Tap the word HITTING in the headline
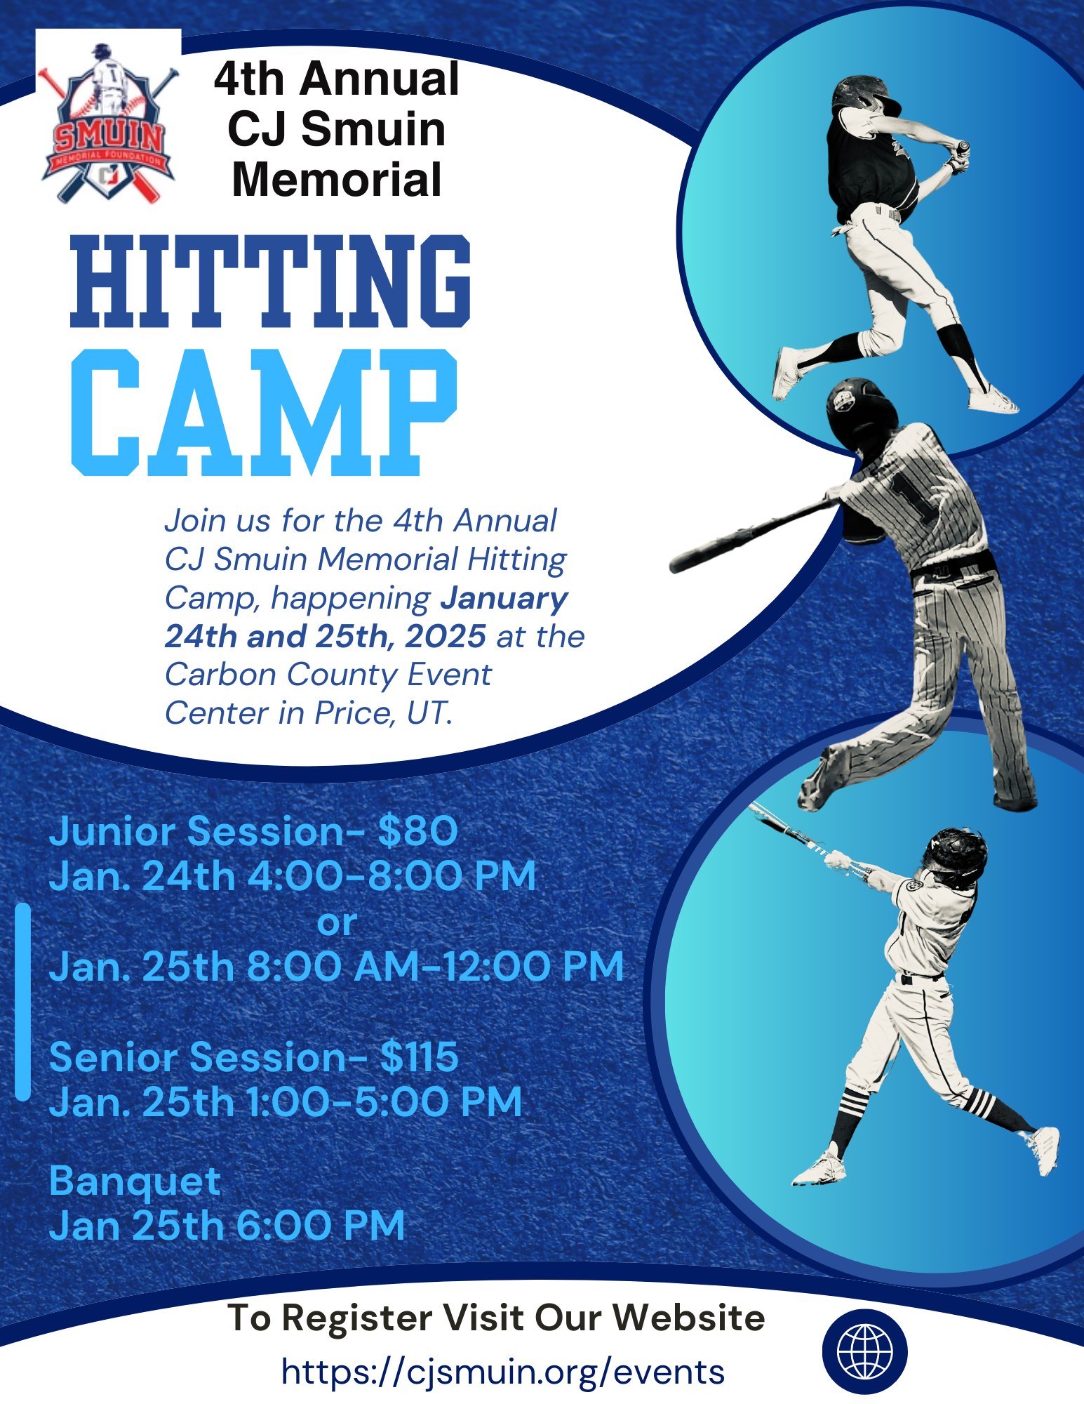click(270, 281)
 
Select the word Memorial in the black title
click(337, 180)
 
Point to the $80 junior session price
click(417, 831)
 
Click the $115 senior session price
click(419, 1057)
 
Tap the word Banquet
click(135, 1182)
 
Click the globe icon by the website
click(864, 1352)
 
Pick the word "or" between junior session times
click(337, 922)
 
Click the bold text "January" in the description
click(504, 598)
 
